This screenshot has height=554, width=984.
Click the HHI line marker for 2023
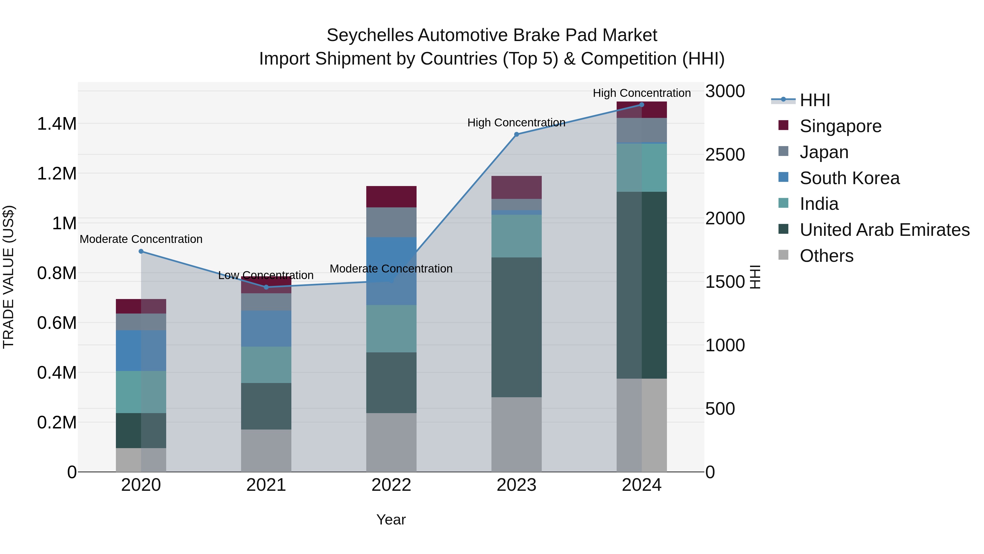pyautogui.click(x=516, y=134)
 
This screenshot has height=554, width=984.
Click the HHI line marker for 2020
pyautogui.click(x=141, y=251)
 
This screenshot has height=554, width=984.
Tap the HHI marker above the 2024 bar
pyautogui.click(x=642, y=105)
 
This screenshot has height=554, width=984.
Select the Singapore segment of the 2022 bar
pyautogui.click(x=391, y=196)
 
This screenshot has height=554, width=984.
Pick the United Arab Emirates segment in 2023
pyautogui.click(x=516, y=327)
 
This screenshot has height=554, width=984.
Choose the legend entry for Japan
pyautogui.click(x=824, y=152)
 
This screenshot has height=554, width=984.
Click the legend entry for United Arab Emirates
pyautogui.click(x=884, y=230)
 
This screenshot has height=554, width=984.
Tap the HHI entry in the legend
pyautogui.click(x=815, y=100)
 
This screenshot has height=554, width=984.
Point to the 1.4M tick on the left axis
pyautogui.click(x=57, y=124)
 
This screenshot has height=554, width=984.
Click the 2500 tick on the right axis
pyautogui.click(x=725, y=155)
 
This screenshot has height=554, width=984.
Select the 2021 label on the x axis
pyautogui.click(x=266, y=485)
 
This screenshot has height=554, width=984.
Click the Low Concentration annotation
pyautogui.click(x=266, y=275)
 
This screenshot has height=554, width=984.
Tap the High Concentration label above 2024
pyautogui.click(x=642, y=93)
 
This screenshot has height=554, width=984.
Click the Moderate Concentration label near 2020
pyautogui.click(x=141, y=239)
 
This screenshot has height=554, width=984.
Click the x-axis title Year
pyautogui.click(x=391, y=520)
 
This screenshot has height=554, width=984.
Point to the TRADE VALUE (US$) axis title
pyautogui.click(x=8, y=277)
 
